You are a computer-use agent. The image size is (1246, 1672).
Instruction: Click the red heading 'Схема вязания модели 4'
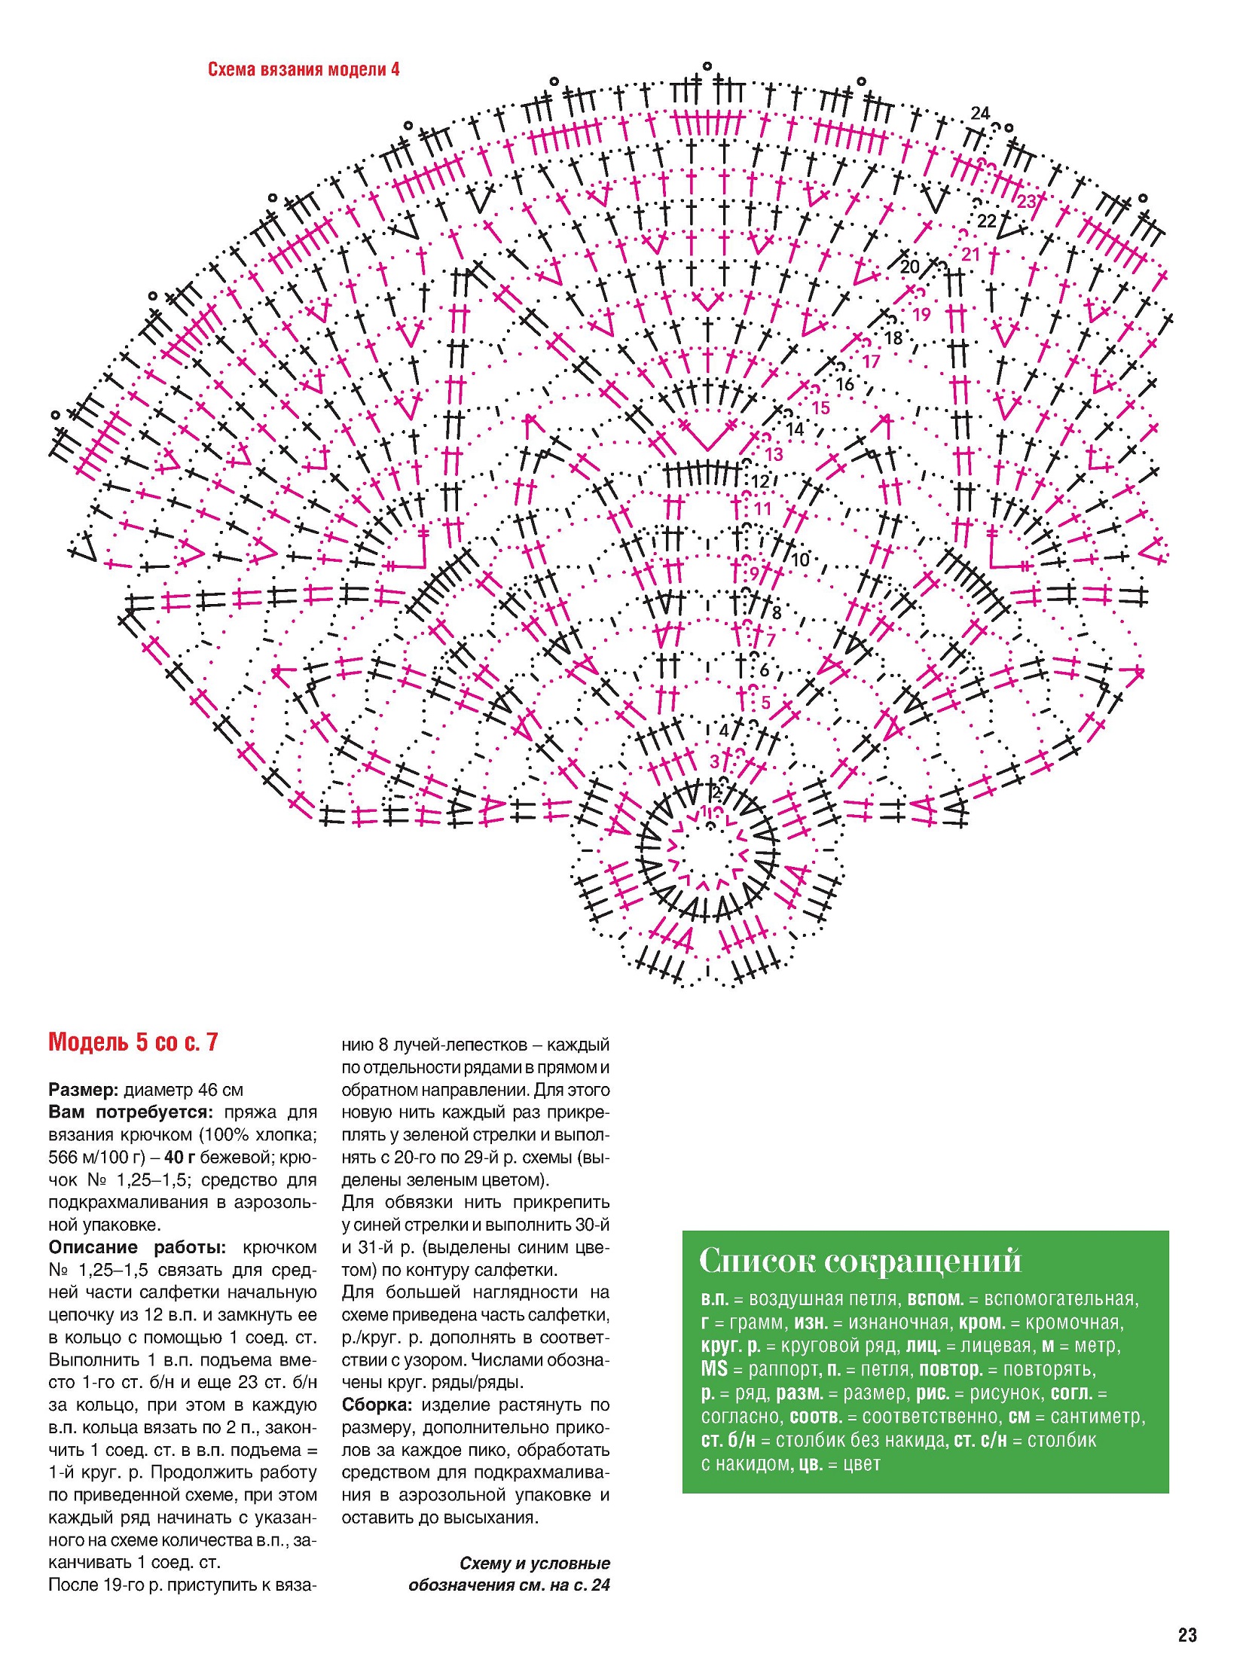click(x=303, y=70)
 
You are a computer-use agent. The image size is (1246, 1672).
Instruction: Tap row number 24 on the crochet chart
click(x=980, y=113)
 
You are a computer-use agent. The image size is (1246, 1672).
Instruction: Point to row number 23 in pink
click(x=1027, y=201)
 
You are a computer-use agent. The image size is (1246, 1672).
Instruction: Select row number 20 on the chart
click(x=909, y=266)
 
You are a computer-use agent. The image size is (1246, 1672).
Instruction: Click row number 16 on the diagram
click(x=844, y=385)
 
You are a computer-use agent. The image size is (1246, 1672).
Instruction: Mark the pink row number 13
click(x=774, y=455)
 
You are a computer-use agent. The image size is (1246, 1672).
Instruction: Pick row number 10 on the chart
click(x=799, y=560)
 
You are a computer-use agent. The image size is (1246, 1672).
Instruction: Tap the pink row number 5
click(x=765, y=703)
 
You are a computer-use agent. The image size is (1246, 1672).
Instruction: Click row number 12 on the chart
click(x=760, y=481)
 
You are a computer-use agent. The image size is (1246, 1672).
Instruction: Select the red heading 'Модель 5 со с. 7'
click(x=133, y=1042)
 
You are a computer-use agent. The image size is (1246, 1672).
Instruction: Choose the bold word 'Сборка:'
click(x=377, y=1405)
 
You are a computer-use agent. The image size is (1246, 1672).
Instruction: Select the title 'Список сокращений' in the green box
click(x=860, y=1260)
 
